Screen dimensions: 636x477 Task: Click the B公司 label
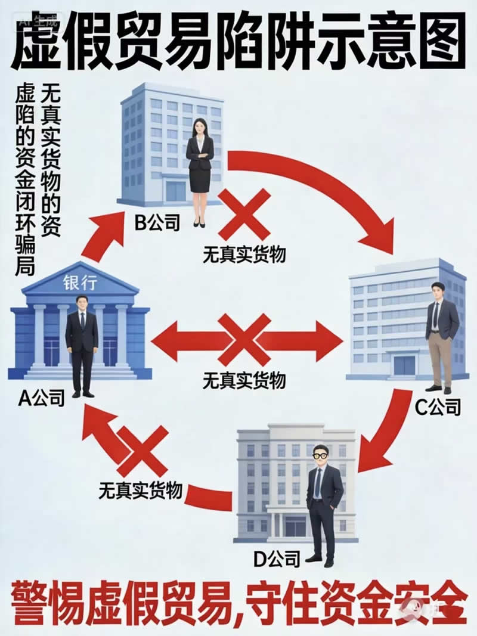157,224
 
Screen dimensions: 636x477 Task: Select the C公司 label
438,408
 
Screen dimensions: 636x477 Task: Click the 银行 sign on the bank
79,284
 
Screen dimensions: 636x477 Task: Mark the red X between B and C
244,214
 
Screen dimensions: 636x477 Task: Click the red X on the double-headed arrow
244,340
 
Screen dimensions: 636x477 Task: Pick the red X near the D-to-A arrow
143,451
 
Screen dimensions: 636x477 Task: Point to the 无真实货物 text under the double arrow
244,380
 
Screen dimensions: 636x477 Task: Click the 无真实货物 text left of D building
140,491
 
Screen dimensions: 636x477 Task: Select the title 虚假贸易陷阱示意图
238,40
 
